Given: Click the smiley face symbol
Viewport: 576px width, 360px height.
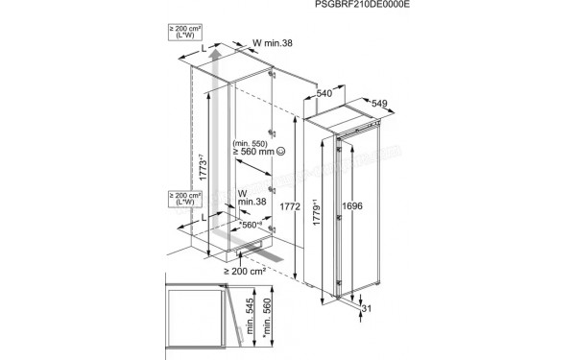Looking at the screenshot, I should pyautogui.click(x=279, y=152).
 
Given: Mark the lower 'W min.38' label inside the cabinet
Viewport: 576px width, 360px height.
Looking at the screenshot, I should pyautogui.click(x=251, y=198).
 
